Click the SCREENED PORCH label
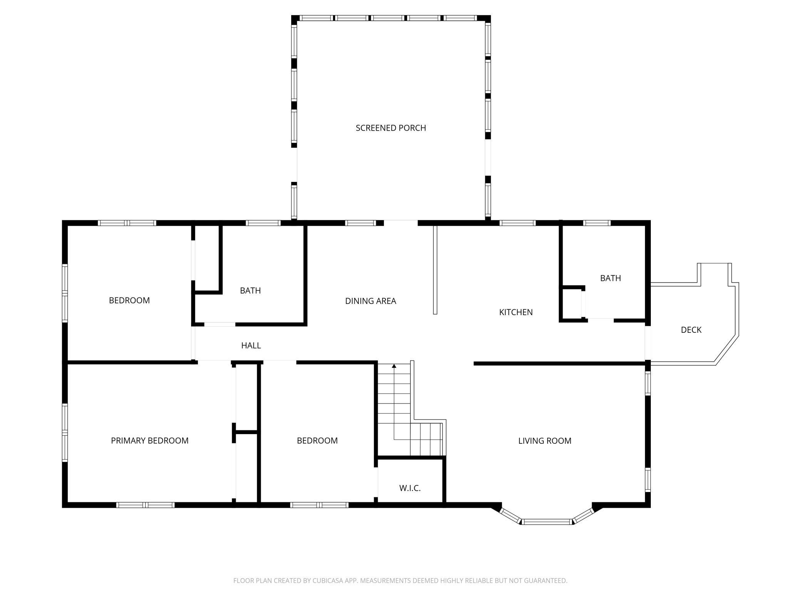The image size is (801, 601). click(390, 128)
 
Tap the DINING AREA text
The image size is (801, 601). click(370, 301)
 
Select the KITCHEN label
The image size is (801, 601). click(516, 312)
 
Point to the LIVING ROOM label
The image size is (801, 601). click(545, 441)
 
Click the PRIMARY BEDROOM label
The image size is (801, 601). click(150, 441)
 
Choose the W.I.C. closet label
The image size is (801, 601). click(410, 488)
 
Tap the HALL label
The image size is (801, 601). click(251, 346)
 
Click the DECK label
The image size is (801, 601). click(691, 330)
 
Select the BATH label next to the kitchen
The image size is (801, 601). click(610, 278)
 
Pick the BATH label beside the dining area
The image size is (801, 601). click(250, 290)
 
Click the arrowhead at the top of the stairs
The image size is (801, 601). click(394, 366)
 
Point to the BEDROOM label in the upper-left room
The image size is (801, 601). click(129, 300)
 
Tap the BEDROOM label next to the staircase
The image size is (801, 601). click(317, 441)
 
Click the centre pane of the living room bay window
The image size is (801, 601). click(547, 522)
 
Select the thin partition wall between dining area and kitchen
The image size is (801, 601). click(435, 270)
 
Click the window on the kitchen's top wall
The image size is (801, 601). click(518, 223)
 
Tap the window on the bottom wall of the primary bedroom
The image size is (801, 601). click(146, 505)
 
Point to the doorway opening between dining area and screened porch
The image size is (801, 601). click(401, 223)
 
